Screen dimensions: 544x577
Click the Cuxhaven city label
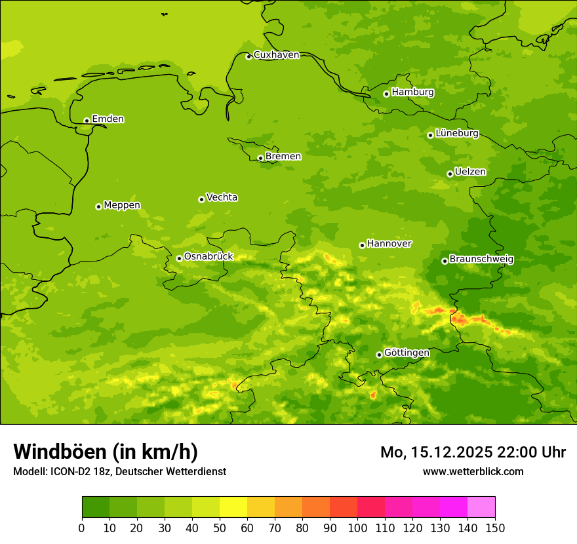(276, 55)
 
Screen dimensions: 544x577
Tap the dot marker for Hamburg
(386, 94)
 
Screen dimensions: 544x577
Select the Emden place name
(108, 119)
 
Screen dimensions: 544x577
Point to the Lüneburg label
(457, 133)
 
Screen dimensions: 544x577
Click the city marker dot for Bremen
(260, 158)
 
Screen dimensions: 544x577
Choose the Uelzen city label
(470, 172)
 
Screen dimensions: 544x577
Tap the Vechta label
(222, 197)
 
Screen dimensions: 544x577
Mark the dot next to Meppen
(98, 206)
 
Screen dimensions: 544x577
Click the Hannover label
(389, 244)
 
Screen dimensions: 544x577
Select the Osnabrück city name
(209, 257)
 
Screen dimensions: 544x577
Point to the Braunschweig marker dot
(445, 261)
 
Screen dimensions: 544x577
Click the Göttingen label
(407, 353)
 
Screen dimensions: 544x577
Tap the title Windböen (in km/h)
(106, 452)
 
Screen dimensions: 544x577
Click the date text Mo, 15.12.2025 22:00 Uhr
(473, 452)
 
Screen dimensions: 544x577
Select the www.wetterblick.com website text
(473, 471)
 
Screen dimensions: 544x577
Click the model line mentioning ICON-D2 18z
(119, 471)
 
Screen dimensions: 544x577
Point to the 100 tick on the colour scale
(357, 528)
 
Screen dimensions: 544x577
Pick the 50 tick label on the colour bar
(220, 528)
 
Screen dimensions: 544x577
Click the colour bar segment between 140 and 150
(481, 507)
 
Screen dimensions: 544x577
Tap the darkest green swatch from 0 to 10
(96, 507)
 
